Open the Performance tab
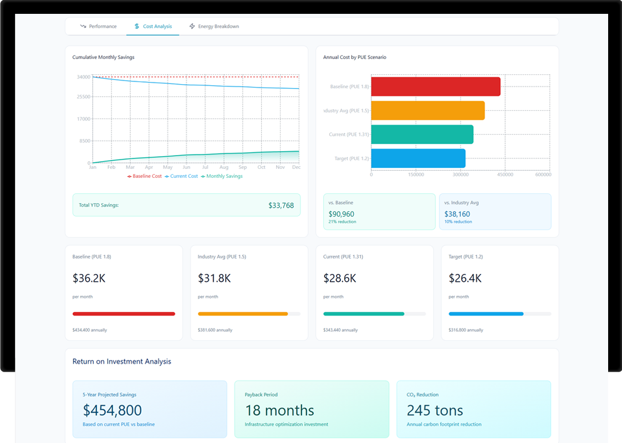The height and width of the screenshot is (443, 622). (98, 27)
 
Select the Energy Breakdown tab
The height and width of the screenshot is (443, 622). (214, 27)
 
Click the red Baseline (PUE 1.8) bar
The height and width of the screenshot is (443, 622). (435, 87)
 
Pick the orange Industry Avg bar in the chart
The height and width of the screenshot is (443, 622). (427, 111)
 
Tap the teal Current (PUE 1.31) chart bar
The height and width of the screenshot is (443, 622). (422, 135)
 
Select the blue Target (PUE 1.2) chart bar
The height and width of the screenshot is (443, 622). (418, 158)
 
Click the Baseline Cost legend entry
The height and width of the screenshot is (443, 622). (145, 176)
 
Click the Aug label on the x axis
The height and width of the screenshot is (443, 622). (223, 167)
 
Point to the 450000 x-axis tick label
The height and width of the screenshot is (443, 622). (505, 175)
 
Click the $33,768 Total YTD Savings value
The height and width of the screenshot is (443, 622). (281, 205)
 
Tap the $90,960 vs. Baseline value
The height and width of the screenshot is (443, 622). (341, 214)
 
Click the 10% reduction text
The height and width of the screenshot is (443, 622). (458, 222)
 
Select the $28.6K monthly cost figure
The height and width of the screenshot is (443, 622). (340, 278)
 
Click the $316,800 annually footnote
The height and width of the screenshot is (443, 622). (466, 330)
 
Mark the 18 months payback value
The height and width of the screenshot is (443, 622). (279, 410)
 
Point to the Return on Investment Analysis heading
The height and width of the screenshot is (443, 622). (122, 362)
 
